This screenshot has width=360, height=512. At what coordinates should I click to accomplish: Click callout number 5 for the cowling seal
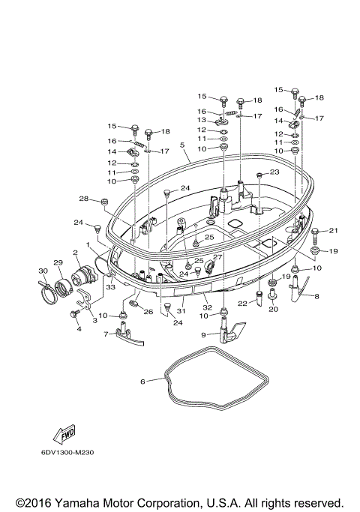[x=182, y=145]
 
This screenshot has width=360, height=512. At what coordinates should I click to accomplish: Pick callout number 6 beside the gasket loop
[x=142, y=381]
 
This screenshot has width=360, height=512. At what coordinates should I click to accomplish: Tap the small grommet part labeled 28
[x=105, y=202]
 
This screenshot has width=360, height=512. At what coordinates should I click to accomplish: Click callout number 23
[x=274, y=172]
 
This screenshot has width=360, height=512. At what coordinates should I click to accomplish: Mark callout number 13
[x=202, y=120]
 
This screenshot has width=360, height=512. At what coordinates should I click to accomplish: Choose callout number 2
[x=76, y=253]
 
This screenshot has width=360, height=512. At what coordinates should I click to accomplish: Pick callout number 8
[x=316, y=297]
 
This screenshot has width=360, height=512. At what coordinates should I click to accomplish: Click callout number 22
[x=242, y=303]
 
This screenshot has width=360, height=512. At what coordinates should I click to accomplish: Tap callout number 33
[x=109, y=287]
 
